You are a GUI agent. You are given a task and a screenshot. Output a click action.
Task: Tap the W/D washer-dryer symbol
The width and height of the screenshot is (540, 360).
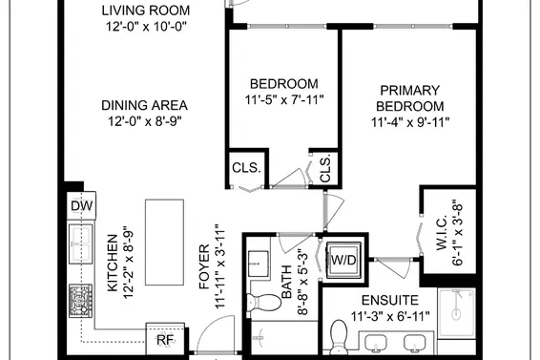coord(342,260)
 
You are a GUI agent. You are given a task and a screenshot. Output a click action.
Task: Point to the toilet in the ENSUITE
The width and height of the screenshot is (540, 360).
coord(340,336)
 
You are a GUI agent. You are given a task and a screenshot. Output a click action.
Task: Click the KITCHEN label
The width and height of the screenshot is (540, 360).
coord(112,262)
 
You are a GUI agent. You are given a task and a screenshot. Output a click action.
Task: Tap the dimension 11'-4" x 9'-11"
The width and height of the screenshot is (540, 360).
coord(409,122)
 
